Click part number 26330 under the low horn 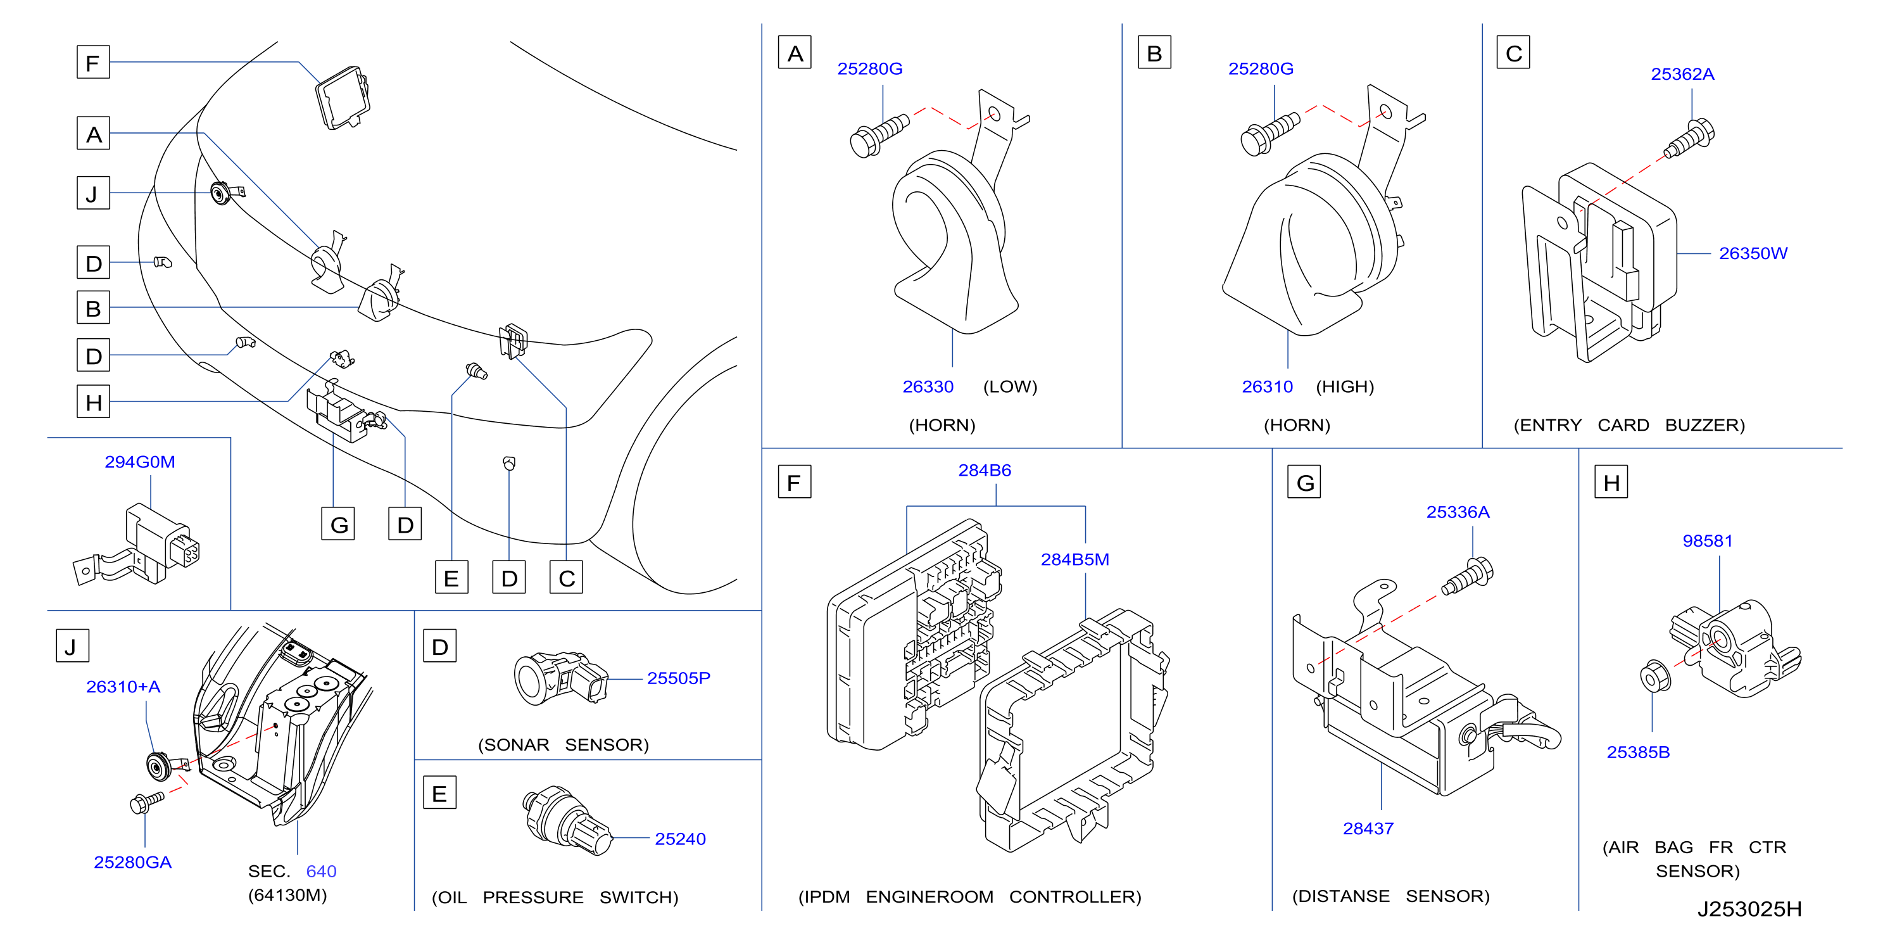(928, 387)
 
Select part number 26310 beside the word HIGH (1267, 387)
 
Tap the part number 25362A (1682, 74)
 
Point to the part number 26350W (1753, 253)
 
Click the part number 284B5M (1075, 559)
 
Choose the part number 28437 (1368, 829)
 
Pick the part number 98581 (1707, 541)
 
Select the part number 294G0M (139, 462)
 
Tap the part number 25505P (679, 678)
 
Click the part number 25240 (680, 839)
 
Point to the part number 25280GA (133, 862)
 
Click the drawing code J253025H (1749, 909)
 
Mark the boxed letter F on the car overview (93, 62)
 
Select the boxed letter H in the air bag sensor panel (1611, 482)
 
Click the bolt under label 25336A (1468, 577)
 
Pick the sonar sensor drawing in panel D (560, 677)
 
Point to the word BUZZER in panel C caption (1704, 425)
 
